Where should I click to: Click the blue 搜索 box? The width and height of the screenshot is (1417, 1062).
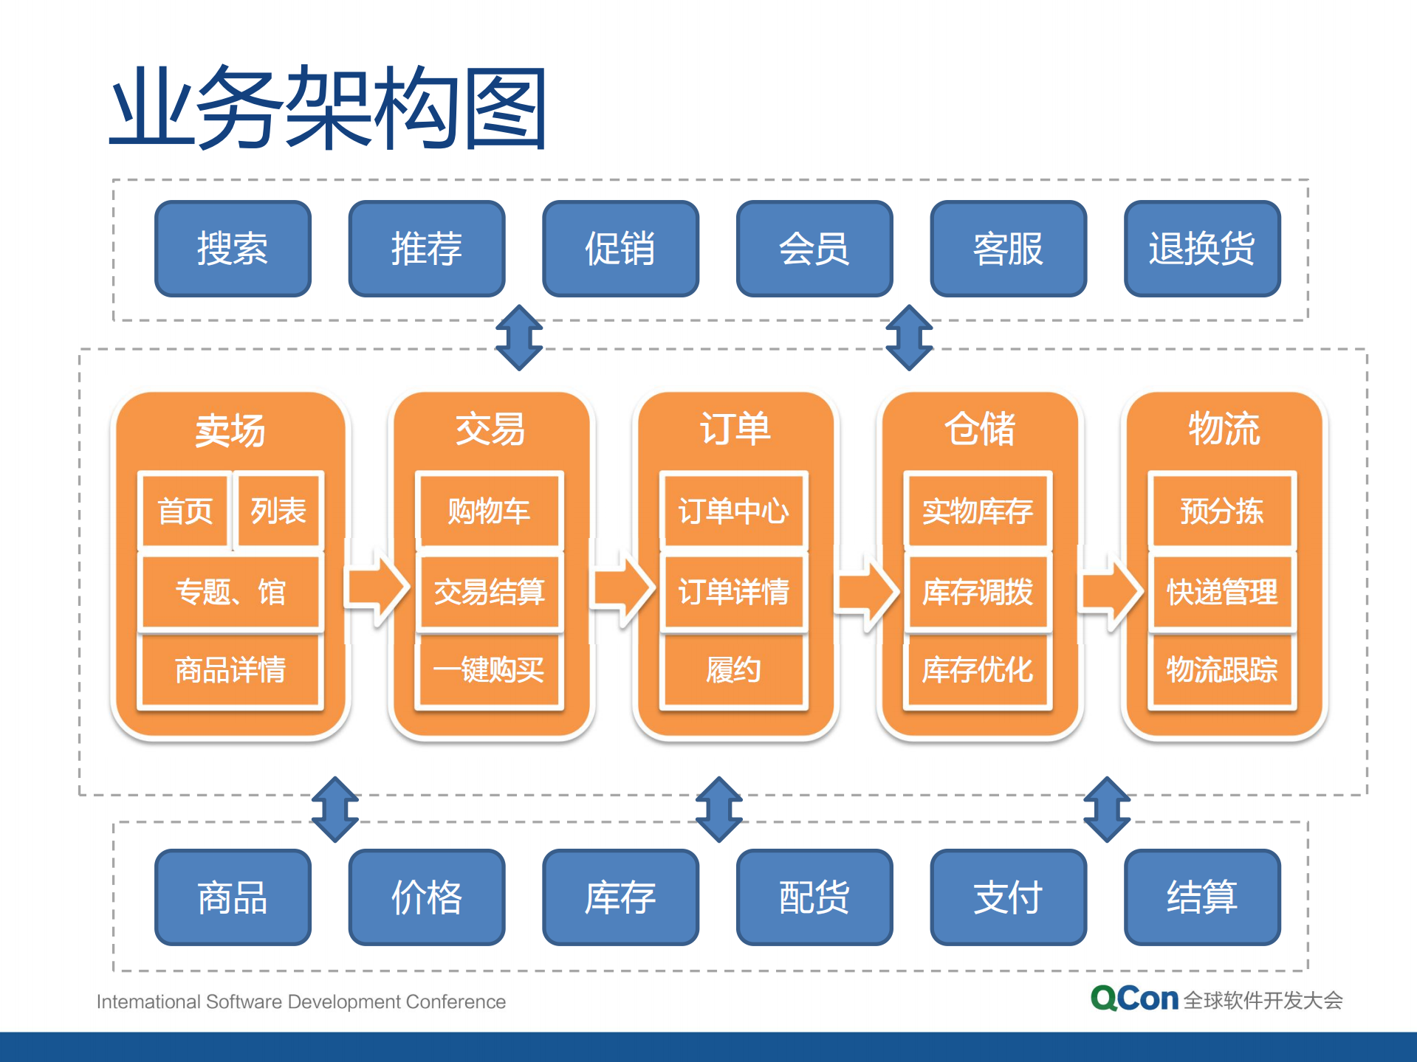point(233,249)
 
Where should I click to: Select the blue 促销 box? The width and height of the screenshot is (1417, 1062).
point(620,249)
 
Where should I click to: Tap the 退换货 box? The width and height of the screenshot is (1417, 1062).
point(1201,249)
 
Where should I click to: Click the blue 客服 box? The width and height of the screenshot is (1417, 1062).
point(1008,249)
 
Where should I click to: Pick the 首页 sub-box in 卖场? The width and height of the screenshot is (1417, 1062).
point(185,511)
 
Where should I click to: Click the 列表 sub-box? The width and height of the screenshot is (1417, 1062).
point(278,511)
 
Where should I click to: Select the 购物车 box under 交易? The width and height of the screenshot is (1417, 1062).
point(489,511)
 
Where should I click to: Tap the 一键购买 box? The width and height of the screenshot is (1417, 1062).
point(489,670)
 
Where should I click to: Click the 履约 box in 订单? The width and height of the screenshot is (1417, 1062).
point(733,670)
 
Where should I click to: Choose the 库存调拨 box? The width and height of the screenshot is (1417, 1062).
point(978,591)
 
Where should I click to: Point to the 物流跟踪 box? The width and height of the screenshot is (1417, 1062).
point(1222,670)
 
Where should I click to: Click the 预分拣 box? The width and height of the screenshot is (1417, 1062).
point(1222,511)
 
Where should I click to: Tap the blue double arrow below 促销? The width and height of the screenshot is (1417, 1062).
point(519,337)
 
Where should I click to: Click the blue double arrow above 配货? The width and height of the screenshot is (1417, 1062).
point(719,809)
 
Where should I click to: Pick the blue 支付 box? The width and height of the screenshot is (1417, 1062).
point(1008,897)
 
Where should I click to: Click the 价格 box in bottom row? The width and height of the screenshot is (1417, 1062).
point(427,897)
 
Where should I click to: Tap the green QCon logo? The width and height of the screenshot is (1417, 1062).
point(1134,999)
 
